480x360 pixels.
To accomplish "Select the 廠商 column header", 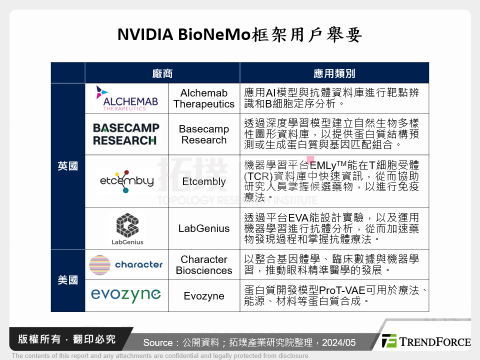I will pyautogui.click(x=162, y=73).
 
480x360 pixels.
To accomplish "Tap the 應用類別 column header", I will pyautogui.click(x=334, y=73).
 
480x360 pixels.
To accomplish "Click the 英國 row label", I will pyautogui.click(x=67, y=166).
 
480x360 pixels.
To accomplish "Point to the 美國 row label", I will pyautogui.click(x=67, y=280).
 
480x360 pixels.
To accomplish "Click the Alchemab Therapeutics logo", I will pyautogui.click(x=126, y=98).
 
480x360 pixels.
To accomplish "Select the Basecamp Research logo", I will pyautogui.click(x=126, y=134).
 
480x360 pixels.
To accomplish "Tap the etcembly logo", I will pyautogui.click(x=125, y=181).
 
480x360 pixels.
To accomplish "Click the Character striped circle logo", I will pyautogui.click(x=99, y=264).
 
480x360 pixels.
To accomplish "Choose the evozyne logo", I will pyautogui.click(x=126, y=295).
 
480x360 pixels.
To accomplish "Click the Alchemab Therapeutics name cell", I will pyautogui.click(x=204, y=98).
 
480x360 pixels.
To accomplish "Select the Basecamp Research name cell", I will pyautogui.click(x=204, y=134).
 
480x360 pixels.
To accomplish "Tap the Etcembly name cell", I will pyautogui.click(x=204, y=181).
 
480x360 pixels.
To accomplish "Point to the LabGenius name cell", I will pyautogui.click(x=204, y=228).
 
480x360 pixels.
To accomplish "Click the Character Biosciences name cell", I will pyautogui.click(x=204, y=265).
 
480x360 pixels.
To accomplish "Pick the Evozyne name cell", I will pyautogui.click(x=204, y=296).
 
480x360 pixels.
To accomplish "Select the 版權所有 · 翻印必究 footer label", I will pyautogui.click(x=66, y=339).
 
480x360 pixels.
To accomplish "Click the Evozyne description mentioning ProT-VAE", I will pyautogui.click(x=334, y=295).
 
